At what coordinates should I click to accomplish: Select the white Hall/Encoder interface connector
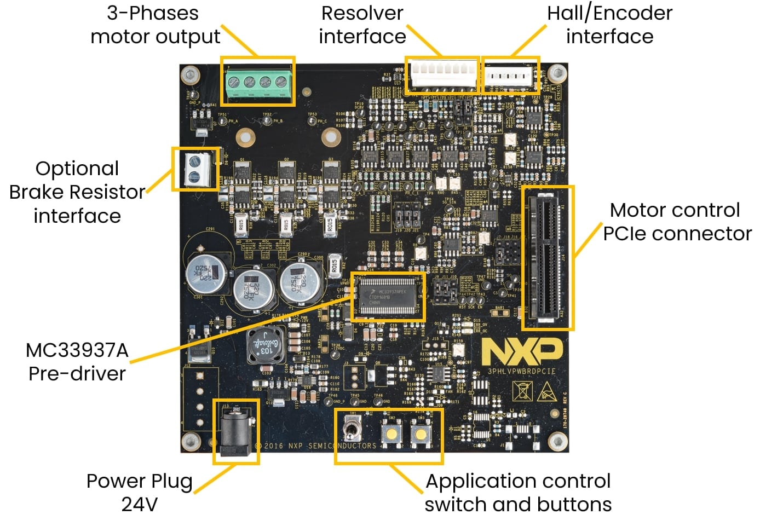point(509,76)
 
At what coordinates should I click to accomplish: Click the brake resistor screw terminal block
point(194,169)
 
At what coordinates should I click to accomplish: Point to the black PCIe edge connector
point(548,257)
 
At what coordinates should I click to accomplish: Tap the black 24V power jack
point(237,432)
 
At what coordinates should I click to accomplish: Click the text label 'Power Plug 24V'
point(140,492)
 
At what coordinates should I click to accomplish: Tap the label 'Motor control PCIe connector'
point(676,222)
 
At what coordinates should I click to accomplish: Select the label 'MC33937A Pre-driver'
point(77,362)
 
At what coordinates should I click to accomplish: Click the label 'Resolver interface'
point(362,25)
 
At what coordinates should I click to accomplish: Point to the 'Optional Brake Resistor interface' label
point(77,192)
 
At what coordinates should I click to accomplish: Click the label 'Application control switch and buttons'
point(517,492)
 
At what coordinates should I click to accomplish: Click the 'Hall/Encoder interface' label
point(609,25)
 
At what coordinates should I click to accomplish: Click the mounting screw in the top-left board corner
point(190,73)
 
